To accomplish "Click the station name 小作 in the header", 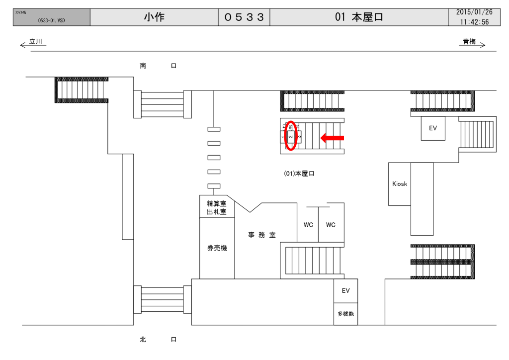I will (x=154, y=17).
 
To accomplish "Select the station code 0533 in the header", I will (x=244, y=17).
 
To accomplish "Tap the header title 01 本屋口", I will (x=359, y=17).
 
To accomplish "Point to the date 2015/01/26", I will (x=474, y=12).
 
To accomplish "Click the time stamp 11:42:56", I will (x=474, y=22).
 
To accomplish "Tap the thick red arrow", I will (x=332, y=138).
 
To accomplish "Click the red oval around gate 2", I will (x=291, y=135).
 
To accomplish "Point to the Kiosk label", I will (x=399, y=184).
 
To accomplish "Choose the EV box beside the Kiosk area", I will (x=433, y=128).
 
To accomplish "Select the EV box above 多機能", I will (x=345, y=290).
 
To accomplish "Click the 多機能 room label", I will (x=345, y=314).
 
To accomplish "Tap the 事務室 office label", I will (x=262, y=235).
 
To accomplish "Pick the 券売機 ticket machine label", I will (x=217, y=248).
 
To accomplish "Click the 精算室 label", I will (x=216, y=203).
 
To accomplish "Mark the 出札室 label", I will (x=216, y=212).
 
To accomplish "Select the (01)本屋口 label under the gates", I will (x=299, y=174).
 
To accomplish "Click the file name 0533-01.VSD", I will (x=51, y=21).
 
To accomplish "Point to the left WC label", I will (x=308, y=225).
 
